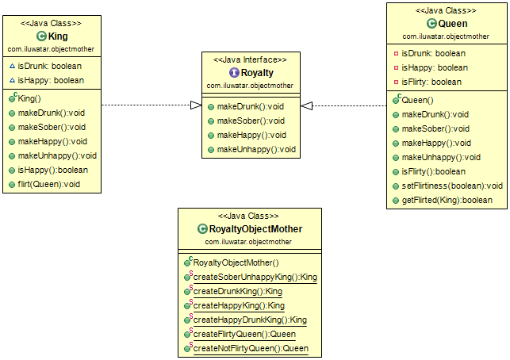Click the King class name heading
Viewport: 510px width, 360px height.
(57, 36)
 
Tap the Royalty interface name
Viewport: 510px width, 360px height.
(257, 72)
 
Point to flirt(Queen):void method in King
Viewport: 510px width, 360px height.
(49, 184)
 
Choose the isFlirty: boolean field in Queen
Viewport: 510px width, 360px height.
(431, 82)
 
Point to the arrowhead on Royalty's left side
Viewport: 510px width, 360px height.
(196, 105)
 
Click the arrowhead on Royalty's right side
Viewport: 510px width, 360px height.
(306, 105)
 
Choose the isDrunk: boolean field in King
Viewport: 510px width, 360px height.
(51, 66)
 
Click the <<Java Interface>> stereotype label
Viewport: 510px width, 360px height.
(251, 59)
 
